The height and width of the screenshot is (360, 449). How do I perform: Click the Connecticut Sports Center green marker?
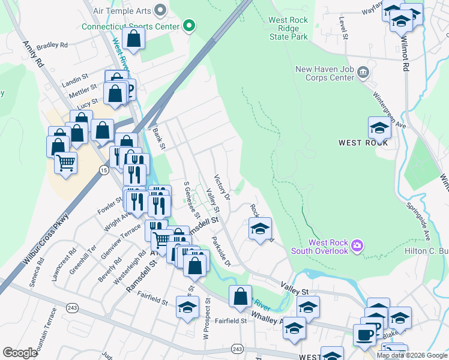189,26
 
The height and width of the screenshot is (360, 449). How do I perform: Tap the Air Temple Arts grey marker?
160,9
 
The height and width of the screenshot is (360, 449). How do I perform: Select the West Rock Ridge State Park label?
288,28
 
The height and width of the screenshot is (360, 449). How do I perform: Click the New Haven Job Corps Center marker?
363,73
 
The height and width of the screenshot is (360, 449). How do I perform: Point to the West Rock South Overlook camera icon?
357,245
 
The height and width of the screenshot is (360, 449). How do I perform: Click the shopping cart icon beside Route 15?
65,163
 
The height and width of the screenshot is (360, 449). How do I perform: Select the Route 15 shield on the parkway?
103,171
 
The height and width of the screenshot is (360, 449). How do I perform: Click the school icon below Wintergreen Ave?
379,128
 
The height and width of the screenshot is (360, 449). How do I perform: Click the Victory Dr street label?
223,188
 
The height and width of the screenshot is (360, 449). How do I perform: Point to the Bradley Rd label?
52,45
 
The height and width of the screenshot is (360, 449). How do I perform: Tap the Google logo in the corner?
20,352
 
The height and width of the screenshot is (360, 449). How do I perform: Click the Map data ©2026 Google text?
411,355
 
